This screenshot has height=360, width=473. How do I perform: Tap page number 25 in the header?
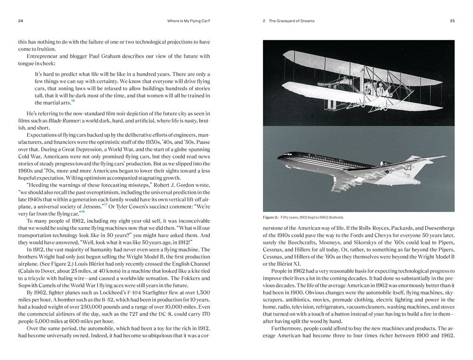click(452, 21)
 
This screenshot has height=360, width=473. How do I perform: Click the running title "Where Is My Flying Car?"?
click(189, 21)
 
